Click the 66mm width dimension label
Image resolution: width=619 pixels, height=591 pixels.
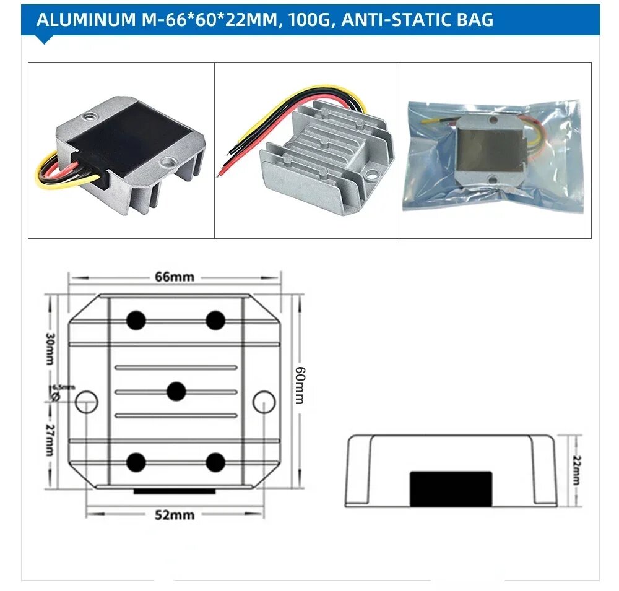coord(175,277)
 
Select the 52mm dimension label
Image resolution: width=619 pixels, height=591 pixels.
coord(175,515)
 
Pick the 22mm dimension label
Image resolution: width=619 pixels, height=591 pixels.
coord(576,471)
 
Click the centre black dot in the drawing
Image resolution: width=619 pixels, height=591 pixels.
coord(176,391)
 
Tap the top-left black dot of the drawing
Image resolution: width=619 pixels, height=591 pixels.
coord(136,320)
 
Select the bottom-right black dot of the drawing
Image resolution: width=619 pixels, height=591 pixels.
coord(215,462)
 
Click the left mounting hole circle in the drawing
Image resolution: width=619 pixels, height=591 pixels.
coord(86,402)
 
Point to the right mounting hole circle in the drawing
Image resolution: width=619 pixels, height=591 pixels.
coord(264,402)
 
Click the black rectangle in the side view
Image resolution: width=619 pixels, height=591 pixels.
coord(451,488)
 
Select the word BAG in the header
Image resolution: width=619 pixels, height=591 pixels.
coord(474,20)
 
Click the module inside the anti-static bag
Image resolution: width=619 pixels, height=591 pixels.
coord(493,149)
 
